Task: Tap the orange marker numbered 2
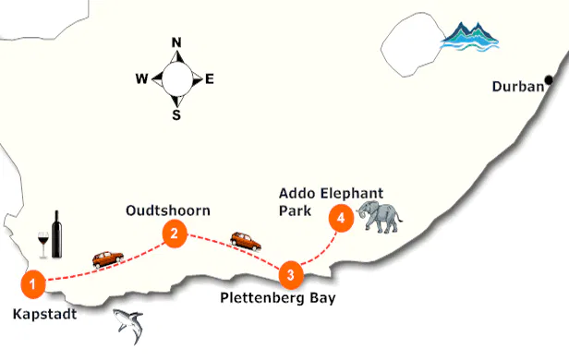171,234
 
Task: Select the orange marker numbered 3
290,273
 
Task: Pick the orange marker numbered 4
342,219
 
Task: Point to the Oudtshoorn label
167,210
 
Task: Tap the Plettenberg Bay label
278,298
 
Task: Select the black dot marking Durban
549,81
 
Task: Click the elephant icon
381,217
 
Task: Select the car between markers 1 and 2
107,259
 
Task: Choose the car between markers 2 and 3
245,241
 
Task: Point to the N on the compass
176,42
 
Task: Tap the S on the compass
176,115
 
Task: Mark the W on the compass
141,79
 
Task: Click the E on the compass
210,79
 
